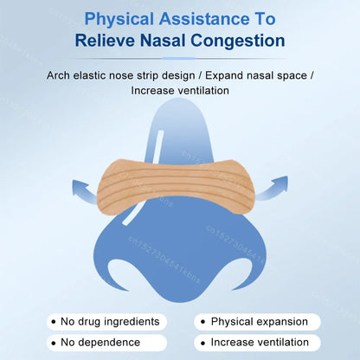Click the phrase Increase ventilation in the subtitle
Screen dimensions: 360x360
[180, 90]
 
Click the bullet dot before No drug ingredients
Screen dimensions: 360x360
[54, 322]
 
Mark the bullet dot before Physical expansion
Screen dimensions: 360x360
[201, 322]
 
